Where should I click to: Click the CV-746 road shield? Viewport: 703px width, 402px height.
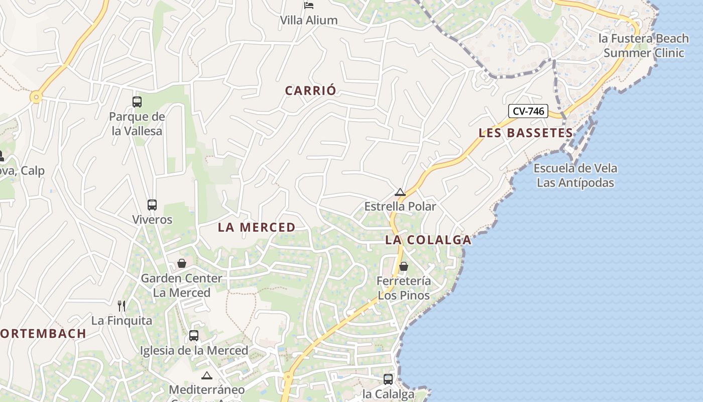point(528,111)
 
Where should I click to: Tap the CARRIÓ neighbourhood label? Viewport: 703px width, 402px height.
point(310,91)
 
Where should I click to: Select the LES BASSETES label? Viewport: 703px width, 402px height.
point(525,133)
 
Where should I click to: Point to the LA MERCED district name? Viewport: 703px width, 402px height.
point(257,228)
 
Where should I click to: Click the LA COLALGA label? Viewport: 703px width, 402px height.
point(428,240)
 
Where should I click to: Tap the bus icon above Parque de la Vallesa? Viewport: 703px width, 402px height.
point(137,102)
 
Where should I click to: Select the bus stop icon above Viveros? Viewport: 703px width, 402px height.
point(152,205)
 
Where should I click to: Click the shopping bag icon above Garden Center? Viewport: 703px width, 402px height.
point(182,264)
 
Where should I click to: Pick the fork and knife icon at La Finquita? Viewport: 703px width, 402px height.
point(122,306)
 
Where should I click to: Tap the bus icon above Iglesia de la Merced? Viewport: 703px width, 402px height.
point(194,336)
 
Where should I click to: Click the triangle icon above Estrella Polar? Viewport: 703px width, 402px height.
point(400,192)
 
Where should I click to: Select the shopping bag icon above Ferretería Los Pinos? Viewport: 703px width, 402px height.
point(404,266)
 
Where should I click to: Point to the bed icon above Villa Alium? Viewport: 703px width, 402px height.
point(309,6)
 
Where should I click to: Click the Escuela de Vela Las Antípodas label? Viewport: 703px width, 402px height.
point(575,175)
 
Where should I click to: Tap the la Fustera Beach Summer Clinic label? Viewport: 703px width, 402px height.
point(644,46)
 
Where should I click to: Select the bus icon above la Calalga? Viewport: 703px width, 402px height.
point(388,379)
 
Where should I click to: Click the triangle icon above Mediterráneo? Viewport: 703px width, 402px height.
point(207,375)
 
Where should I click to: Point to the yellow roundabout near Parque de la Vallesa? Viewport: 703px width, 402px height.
point(36,97)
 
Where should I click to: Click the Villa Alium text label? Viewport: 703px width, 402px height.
point(309,21)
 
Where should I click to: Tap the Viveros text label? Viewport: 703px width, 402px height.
point(152,220)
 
